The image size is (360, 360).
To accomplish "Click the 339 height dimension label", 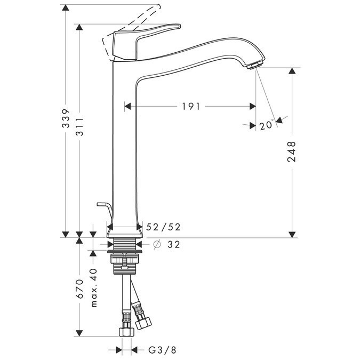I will (x=65, y=118).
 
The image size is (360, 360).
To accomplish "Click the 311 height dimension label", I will (x=79, y=126).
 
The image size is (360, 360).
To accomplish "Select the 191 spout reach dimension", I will (x=191, y=106).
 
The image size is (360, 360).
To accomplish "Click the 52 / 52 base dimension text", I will (x=163, y=227).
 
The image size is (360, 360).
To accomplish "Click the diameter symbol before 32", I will (x=157, y=245).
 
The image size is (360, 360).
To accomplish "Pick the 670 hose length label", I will (x=79, y=288).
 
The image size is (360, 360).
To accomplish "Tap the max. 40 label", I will (x=94, y=288).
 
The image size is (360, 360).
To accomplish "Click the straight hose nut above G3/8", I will (x=125, y=332).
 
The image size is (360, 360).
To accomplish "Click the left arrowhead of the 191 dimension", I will (x=127, y=106).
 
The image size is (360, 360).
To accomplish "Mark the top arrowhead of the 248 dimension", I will (x=292, y=71).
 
